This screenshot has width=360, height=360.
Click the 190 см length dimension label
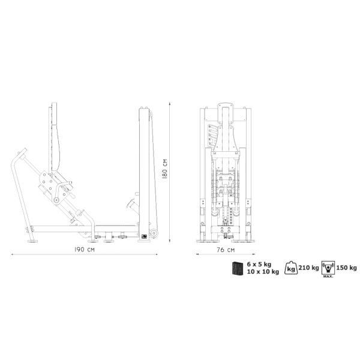point(84,250)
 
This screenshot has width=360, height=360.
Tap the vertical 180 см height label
point(164,169)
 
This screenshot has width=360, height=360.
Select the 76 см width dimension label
point(226,250)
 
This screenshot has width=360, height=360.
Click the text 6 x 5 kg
point(259,264)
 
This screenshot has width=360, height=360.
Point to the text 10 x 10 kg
point(263,272)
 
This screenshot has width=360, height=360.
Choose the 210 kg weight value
point(308,268)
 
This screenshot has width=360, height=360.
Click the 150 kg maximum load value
point(347,268)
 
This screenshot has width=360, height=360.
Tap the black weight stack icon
point(238,268)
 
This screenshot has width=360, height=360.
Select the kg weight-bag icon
point(291,268)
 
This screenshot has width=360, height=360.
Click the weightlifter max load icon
point(328,268)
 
